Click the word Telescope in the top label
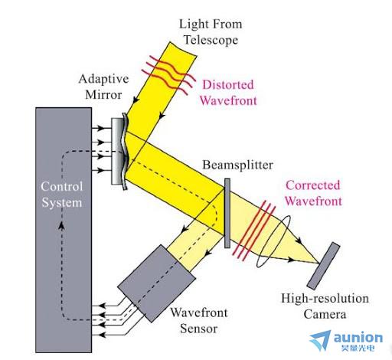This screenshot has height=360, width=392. [211, 40]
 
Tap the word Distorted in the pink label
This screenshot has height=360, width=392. [228, 85]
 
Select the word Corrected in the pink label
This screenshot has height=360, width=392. [313, 185]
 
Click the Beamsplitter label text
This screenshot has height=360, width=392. [237, 165]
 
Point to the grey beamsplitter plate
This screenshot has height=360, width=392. [227, 213]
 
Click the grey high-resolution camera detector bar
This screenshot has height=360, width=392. [323, 266]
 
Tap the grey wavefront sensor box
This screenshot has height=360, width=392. [157, 283]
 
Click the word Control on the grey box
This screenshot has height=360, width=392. [62, 186]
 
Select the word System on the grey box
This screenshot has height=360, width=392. [62, 203]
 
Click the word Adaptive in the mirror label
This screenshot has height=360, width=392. [103, 79]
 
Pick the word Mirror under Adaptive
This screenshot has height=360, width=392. [103, 95]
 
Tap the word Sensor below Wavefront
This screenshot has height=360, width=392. [199, 329]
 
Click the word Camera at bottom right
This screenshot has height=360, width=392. [325, 314]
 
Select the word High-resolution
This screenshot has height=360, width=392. [325, 299]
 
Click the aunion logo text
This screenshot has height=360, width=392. [358, 338]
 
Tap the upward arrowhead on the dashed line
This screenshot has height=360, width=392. [61, 226]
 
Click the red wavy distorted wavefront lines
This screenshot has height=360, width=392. [168, 75]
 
